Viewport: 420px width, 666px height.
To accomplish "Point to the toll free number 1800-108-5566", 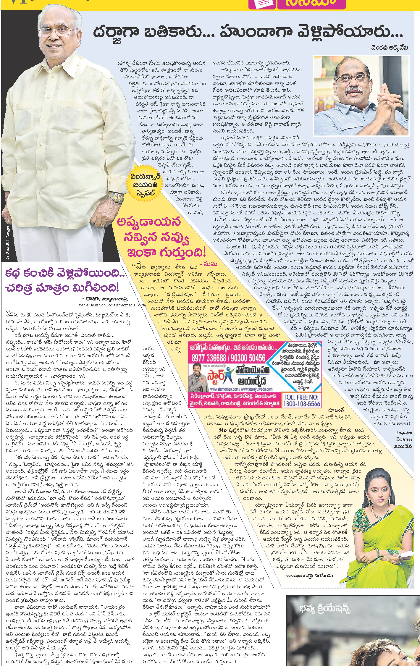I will [x=302, y=403].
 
